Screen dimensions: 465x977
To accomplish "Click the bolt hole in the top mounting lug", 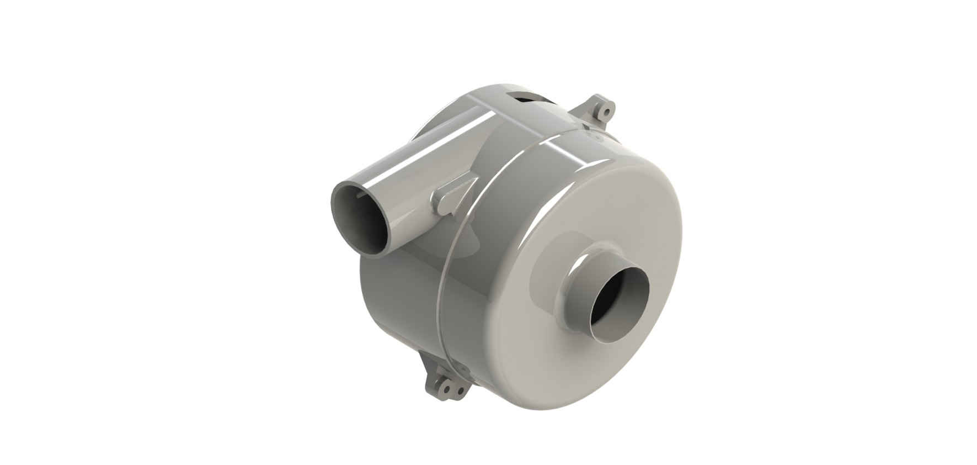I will (606, 113).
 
